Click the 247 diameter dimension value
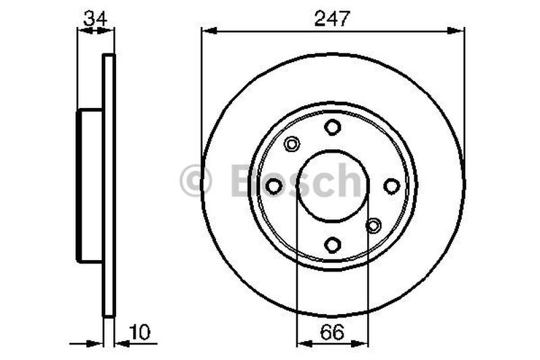pos(332,19)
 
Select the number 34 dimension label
pos(94,19)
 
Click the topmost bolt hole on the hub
pos(332,127)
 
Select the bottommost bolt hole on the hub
pos(332,245)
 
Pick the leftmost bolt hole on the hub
pos(273,186)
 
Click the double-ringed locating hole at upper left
pos(292,144)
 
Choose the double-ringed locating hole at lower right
pos(374,226)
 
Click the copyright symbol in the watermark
pos(196,181)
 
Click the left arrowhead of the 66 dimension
pos(303,343)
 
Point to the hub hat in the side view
pos(90,186)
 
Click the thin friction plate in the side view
pos(109,186)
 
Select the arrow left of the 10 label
pos(94,343)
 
